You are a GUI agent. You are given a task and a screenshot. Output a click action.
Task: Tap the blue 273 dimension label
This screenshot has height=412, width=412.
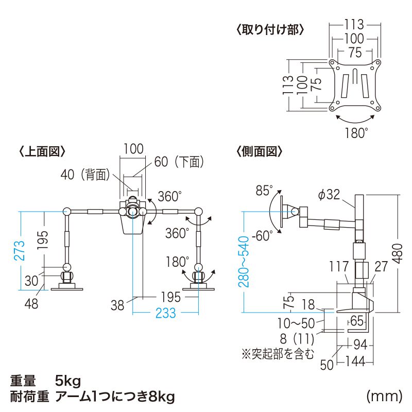19,251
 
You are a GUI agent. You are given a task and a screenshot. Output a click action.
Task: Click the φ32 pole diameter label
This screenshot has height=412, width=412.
329,194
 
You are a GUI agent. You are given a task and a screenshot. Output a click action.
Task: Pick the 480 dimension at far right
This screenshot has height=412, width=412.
397,252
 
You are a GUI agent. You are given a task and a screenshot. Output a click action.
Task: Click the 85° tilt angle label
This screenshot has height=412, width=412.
264,191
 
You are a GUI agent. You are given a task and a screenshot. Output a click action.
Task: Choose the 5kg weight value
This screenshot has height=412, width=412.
68,382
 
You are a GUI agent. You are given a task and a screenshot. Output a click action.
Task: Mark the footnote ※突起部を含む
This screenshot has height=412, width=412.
277,354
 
